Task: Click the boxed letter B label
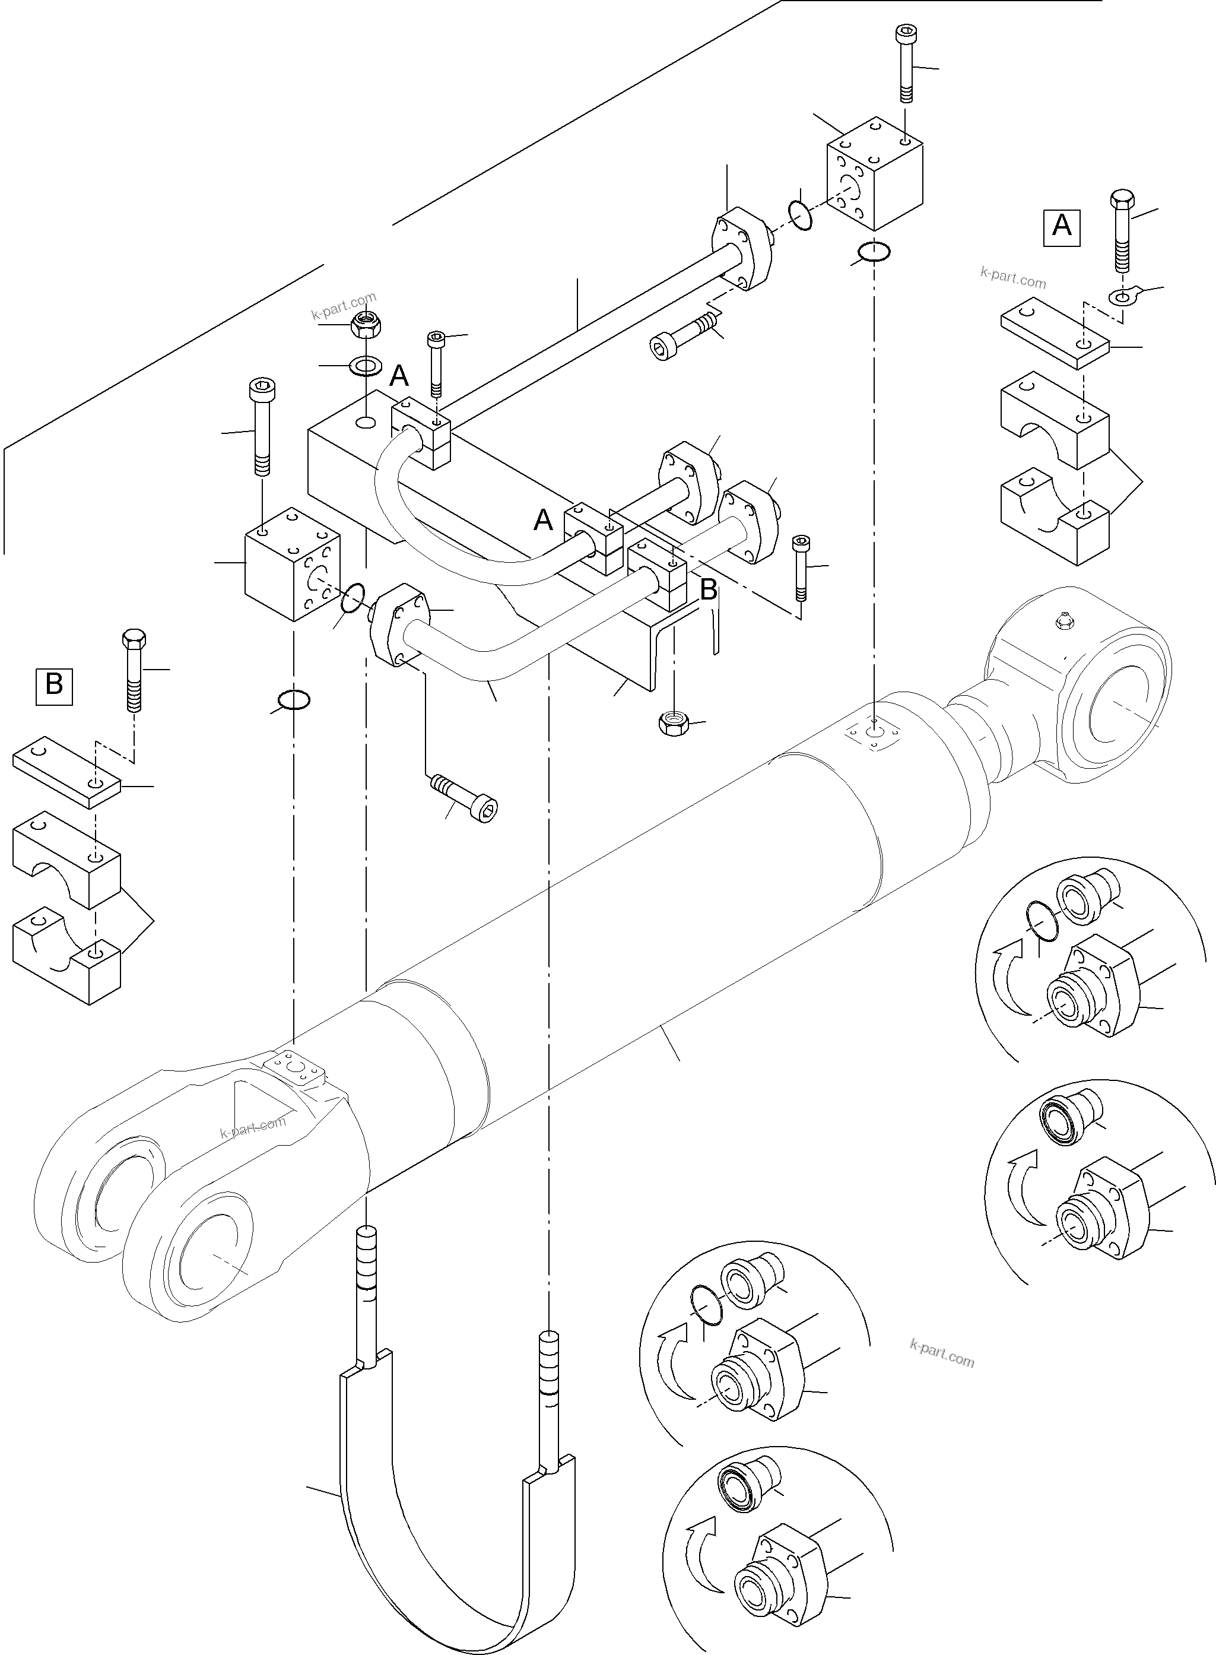[x=55, y=684]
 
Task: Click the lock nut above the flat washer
[x=364, y=324]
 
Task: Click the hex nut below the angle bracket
[x=671, y=723]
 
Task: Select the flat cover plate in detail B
[x=66, y=773]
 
